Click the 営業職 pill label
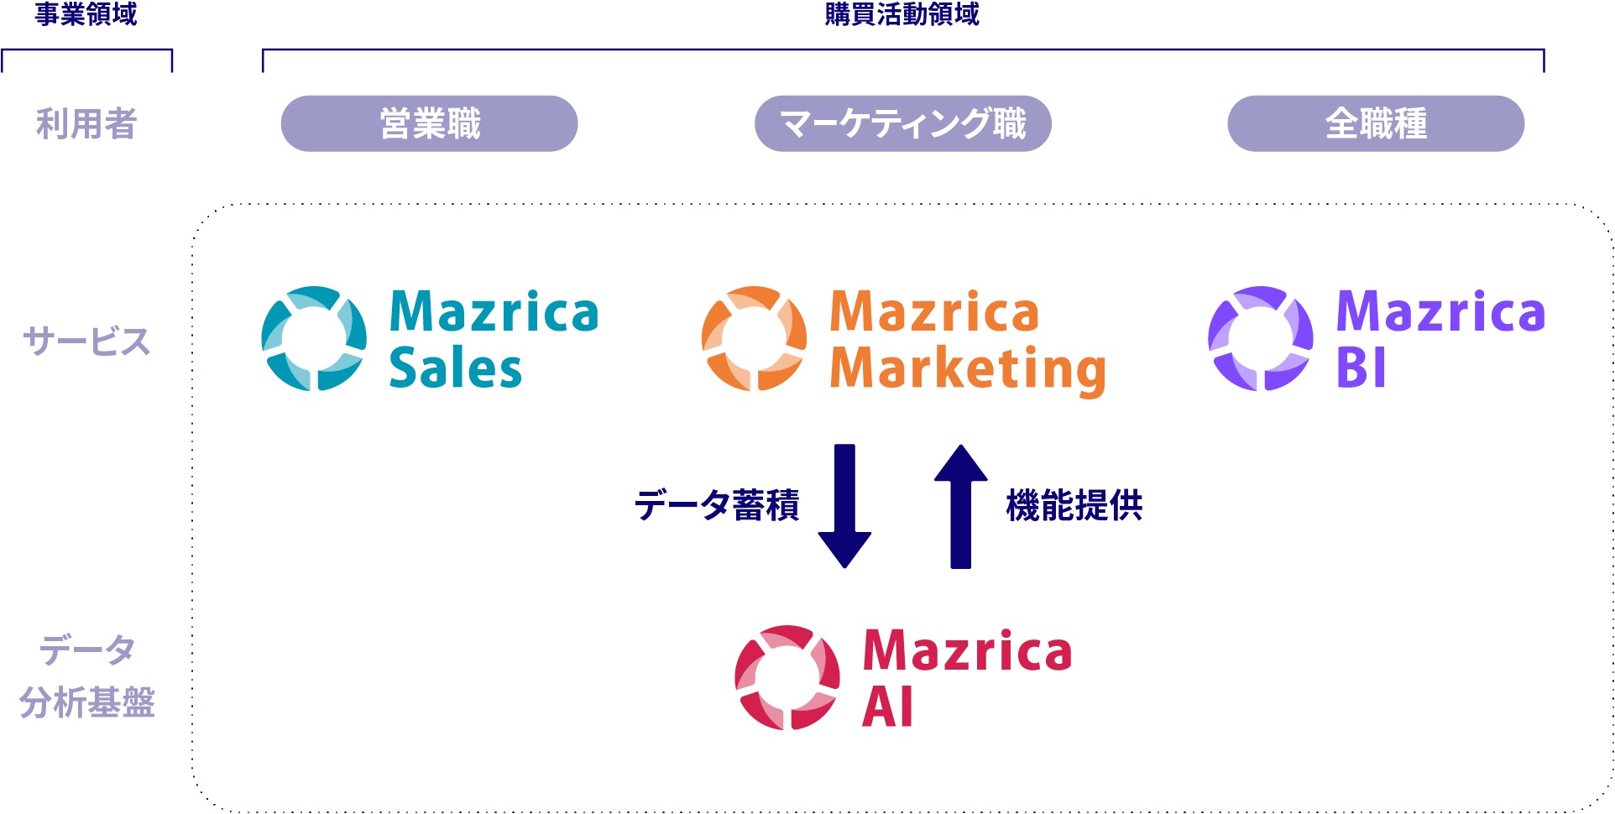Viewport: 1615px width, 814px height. [429, 123]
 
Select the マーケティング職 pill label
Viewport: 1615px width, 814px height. [902, 123]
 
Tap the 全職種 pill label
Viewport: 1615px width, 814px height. [1376, 123]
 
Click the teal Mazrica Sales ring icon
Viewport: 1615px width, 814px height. [314, 338]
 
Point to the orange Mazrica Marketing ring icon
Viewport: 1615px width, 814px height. [754, 338]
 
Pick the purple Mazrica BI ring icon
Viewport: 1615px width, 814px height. [1261, 338]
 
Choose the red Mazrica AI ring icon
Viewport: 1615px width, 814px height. [787, 677]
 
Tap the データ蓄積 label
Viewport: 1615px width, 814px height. [717, 505]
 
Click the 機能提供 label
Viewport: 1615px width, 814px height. [1074, 505]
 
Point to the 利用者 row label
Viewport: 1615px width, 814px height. [86, 124]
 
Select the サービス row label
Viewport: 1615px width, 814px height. [86, 342]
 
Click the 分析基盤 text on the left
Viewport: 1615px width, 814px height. [86, 702]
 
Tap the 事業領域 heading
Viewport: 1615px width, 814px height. [86, 14]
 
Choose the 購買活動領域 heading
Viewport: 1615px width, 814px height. [902, 14]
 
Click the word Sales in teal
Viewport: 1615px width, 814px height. [456, 369]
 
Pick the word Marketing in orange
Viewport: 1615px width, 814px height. [968, 369]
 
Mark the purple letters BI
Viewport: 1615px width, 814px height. [1361, 369]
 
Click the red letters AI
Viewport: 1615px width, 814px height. [887, 707]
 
